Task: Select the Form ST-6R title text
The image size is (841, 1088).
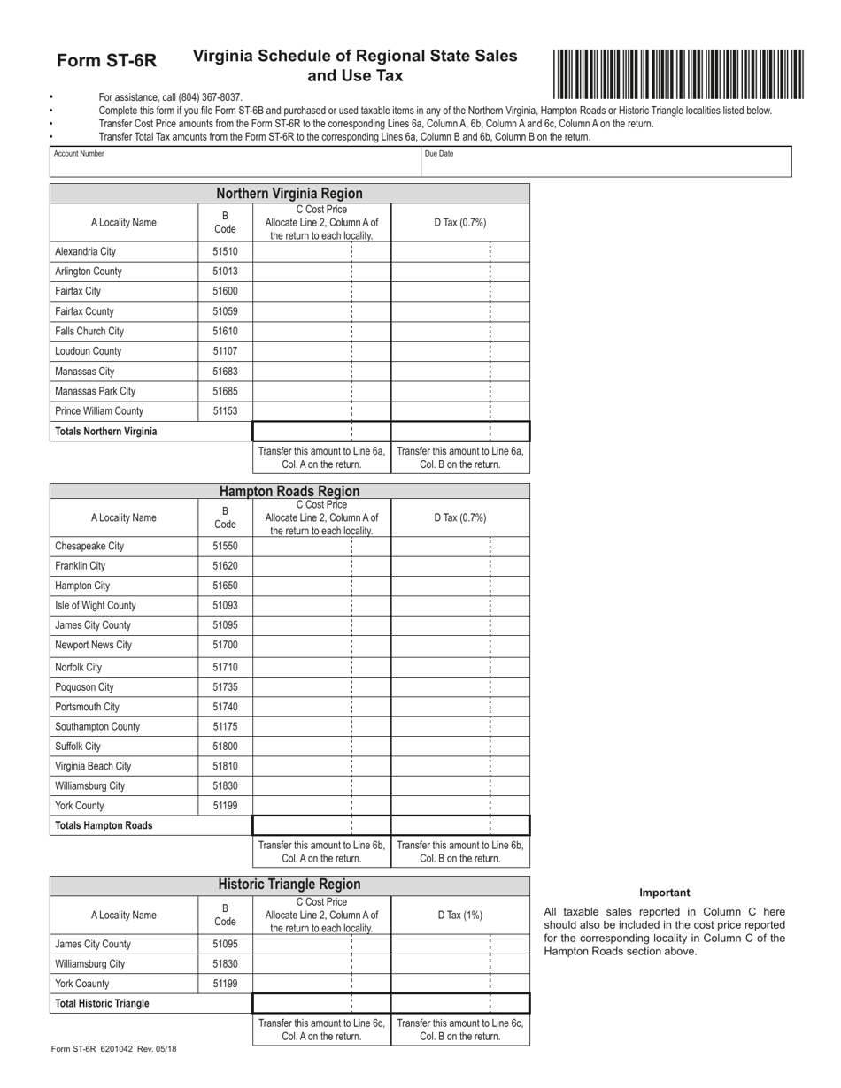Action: (106, 61)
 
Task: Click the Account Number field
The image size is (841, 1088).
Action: (235, 162)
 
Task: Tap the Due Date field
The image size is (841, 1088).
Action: (606, 162)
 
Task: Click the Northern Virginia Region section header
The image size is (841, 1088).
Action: (289, 194)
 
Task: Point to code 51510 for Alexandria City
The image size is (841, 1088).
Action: (225, 252)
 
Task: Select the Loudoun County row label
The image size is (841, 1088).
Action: (88, 351)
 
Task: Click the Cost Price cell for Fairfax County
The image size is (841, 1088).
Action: (321, 311)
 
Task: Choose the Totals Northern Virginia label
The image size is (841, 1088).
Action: (105, 432)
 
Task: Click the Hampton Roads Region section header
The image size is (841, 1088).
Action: (289, 492)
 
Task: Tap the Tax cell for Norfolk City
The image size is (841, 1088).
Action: (460, 667)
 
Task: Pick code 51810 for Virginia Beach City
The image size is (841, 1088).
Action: (225, 766)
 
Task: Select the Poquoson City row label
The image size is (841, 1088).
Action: (84, 687)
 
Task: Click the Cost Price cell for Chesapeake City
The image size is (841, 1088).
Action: (321, 547)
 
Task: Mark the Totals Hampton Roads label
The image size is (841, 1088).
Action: (104, 825)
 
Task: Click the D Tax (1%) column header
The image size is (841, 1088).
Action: (460, 916)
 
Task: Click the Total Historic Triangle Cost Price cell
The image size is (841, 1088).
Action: (321, 1003)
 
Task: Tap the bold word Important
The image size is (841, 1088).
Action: (664, 893)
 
